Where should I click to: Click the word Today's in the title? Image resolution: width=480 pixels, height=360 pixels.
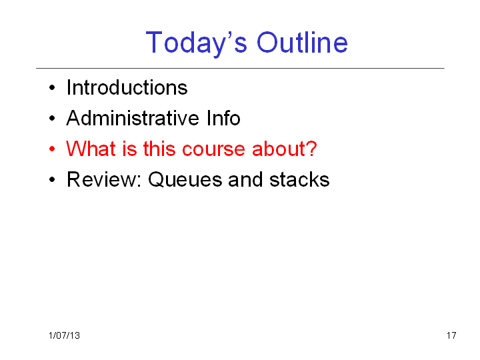(196, 43)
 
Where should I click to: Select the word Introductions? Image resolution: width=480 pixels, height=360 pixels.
(127, 87)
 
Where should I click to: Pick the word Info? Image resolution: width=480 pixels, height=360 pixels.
(223, 118)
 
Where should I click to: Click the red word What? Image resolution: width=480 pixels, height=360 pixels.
(91, 149)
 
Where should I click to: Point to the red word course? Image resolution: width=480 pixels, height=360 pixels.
(213, 149)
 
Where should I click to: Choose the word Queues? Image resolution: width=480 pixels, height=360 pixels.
(185, 179)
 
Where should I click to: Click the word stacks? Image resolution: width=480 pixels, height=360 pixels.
(299, 179)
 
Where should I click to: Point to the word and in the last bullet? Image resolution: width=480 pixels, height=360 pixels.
(245, 179)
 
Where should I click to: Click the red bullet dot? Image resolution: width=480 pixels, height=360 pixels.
(52, 149)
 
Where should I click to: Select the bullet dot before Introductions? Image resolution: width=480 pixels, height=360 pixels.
(52, 88)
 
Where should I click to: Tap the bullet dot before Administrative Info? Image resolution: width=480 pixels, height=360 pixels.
(52, 118)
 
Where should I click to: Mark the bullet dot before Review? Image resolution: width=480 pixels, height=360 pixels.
(52, 179)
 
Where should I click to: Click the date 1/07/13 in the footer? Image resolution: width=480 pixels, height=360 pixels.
(64, 335)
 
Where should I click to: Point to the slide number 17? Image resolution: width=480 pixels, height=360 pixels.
(451, 335)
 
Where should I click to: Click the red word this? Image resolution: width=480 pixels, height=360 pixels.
(159, 149)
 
